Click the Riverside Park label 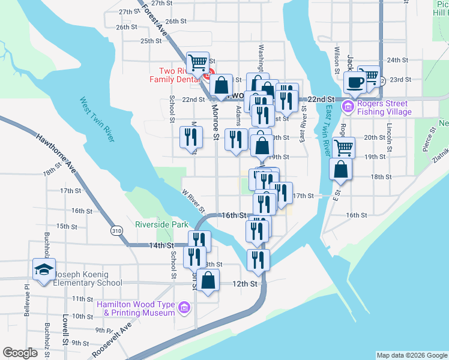162,226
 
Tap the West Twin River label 96,120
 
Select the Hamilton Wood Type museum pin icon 184,308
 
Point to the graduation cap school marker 44,269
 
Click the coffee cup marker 355,83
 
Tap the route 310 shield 116,230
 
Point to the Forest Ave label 155,20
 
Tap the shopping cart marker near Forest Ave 197,61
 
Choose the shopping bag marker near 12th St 208,280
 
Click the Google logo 20,353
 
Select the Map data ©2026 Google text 412,355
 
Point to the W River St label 194,200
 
